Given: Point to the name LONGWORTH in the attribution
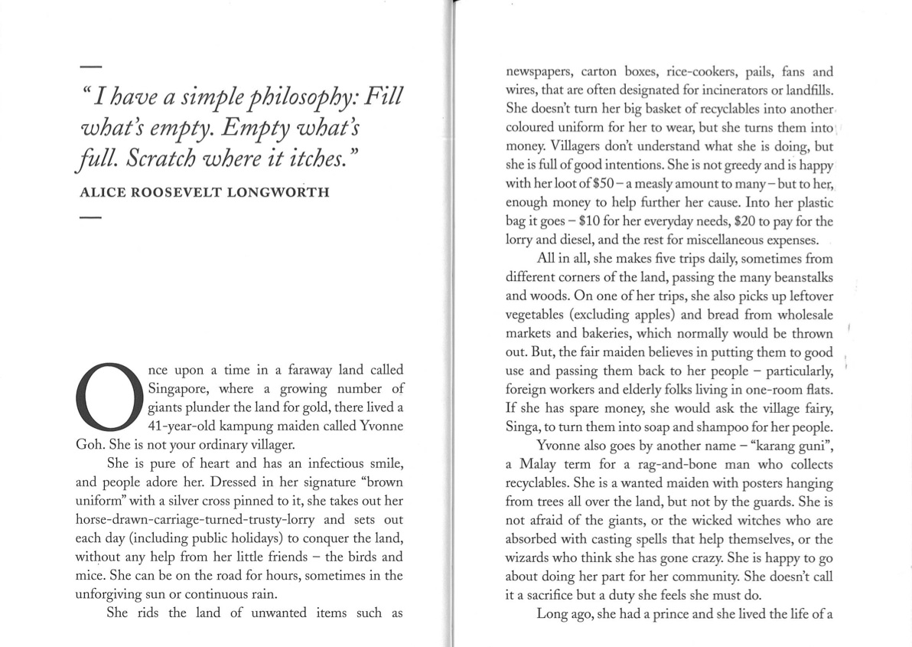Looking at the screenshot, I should pos(282,192).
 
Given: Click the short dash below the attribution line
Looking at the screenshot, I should pos(90,218).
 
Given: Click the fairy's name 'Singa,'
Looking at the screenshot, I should pos(524,426).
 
